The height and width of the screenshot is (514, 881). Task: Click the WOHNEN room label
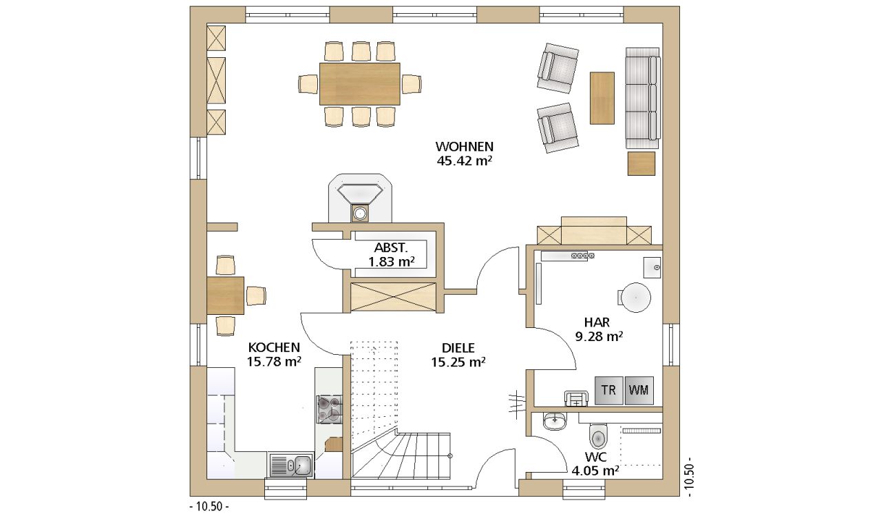[464, 147]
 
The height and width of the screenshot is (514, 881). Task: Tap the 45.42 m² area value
[465, 161]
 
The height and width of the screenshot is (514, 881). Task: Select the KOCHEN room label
[274, 347]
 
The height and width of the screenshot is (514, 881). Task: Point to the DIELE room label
[458, 348]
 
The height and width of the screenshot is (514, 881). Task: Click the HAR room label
[597, 322]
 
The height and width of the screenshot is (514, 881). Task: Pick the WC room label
[596, 457]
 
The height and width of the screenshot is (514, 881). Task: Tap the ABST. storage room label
[391, 247]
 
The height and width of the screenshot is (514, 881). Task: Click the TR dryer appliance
[608, 390]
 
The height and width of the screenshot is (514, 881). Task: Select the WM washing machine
[639, 390]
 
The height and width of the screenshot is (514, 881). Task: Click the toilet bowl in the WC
[599, 436]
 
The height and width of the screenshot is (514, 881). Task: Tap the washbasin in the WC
[555, 421]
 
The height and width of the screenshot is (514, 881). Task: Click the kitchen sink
[291, 465]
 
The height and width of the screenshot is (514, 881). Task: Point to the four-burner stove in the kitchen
[329, 409]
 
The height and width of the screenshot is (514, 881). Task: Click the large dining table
[360, 84]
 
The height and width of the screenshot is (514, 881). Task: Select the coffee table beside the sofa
[602, 98]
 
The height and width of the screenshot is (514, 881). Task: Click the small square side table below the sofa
[641, 163]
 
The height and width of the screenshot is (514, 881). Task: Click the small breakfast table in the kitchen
[225, 296]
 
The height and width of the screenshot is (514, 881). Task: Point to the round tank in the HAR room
[635, 297]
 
